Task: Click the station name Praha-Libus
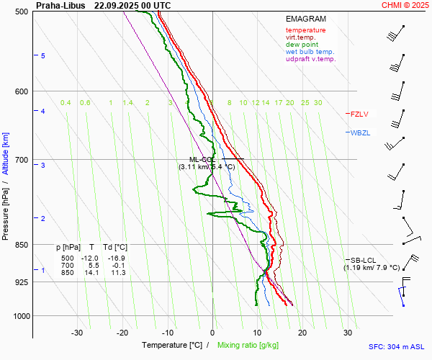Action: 59,5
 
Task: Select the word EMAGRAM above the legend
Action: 305,18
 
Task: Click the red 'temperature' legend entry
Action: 305,30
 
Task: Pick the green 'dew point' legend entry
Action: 302,45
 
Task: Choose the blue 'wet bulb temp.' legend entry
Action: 310,52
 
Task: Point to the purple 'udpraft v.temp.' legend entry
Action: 310,59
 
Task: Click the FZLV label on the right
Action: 359,114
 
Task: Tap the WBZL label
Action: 360,133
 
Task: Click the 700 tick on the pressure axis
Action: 21,159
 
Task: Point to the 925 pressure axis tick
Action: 21,282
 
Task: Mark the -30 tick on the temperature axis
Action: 77,333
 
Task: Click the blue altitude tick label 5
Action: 43,55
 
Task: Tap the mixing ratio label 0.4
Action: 66,103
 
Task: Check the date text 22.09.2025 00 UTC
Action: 132,5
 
